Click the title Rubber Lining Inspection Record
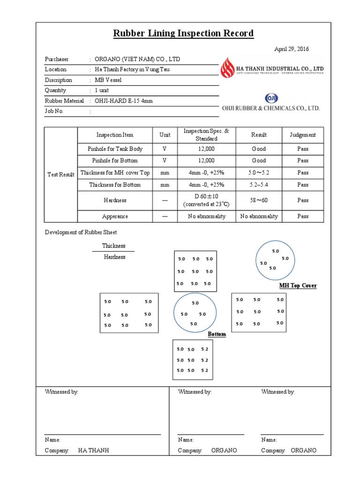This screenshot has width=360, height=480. tap(183, 33)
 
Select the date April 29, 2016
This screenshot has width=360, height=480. tap(291, 49)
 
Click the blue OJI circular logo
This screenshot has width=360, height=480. tap(271, 98)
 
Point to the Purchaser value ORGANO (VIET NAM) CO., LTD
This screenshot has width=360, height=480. tap(137, 59)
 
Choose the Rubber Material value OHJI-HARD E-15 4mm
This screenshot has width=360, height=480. tap(124, 101)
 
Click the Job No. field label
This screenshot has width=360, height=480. tap(54, 111)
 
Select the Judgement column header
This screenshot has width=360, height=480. tap(302, 135)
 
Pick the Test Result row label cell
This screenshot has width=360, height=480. tap(61, 174)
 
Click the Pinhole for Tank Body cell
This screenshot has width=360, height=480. tap(115, 149)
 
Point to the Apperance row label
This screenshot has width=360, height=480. tap(115, 217)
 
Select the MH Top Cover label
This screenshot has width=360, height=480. tap(298, 285)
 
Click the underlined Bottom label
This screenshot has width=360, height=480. tap(217, 334)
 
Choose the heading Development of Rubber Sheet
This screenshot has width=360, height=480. tap(81, 232)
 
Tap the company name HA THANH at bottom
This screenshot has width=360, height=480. tap(93, 450)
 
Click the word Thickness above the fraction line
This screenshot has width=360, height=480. tap(114, 246)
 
